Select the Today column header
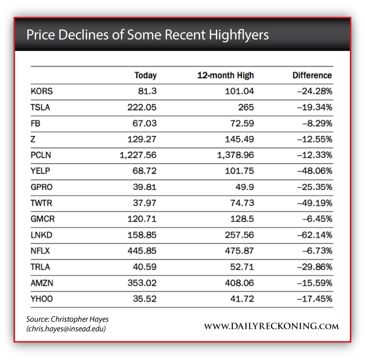(145, 76)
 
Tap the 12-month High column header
(225, 76)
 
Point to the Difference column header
(312, 76)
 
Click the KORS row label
(42, 91)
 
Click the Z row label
(33, 139)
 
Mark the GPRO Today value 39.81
(144, 187)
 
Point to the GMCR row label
(42, 219)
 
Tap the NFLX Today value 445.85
(142, 251)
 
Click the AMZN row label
(42, 283)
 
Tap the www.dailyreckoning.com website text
(271, 326)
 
